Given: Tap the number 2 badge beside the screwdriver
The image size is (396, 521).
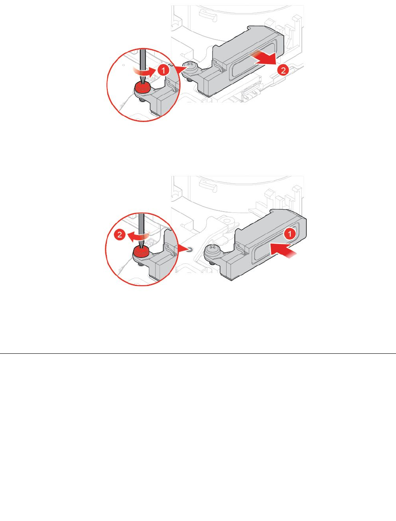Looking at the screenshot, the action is click(120, 235).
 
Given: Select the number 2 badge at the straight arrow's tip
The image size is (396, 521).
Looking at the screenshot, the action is click(282, 70).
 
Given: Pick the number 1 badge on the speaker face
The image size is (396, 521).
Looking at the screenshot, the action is click(290, 234).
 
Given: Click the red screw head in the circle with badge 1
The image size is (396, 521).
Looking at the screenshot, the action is click(142, 87).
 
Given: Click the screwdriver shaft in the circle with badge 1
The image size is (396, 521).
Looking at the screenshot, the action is click(142, 62).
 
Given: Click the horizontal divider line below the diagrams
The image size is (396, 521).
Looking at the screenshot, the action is click(198, 353).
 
